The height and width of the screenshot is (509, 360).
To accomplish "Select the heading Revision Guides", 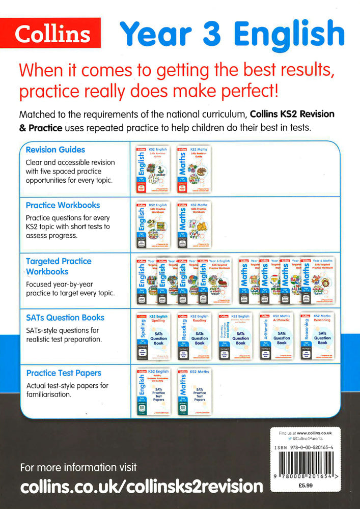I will pos(55,150).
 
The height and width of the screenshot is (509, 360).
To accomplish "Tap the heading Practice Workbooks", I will pos(63,205).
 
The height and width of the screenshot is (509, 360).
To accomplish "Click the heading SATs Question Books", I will pos(65,317).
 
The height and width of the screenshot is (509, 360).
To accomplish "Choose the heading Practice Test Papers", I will pos(64,373).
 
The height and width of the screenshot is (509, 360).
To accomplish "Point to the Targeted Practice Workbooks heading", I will pos(59,266).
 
